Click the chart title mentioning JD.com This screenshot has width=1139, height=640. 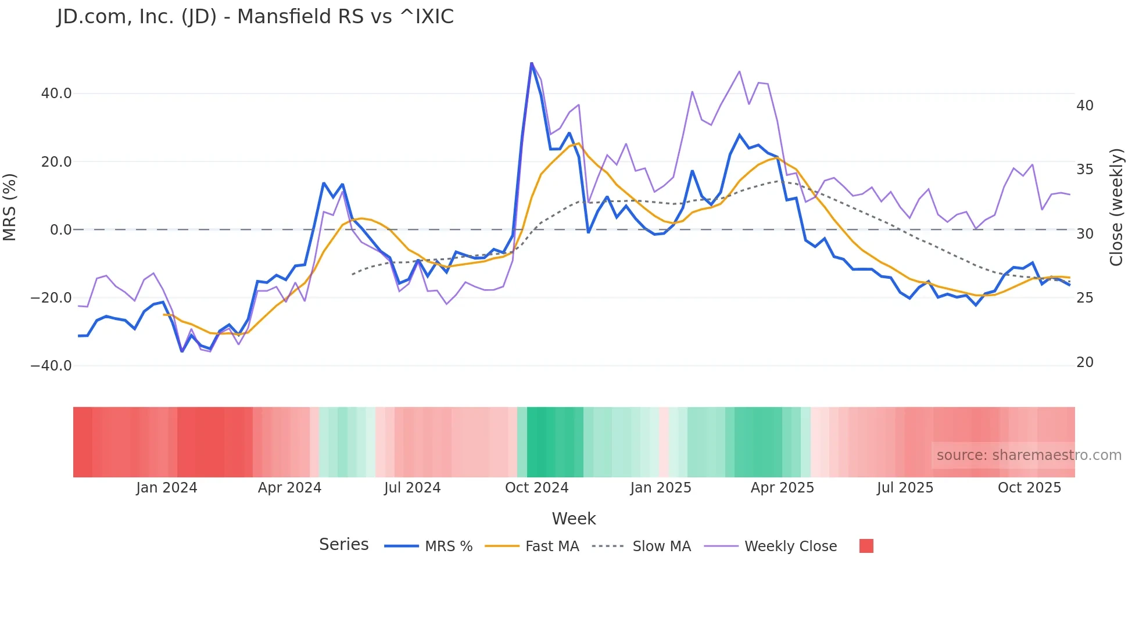tap(255, 17)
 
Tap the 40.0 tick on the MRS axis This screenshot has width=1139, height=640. tap(56, 94)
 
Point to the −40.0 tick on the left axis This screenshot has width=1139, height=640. tap(51, 366)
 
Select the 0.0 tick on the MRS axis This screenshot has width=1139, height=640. tap(61, 230)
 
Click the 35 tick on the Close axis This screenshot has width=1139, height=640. tap(1084, 170)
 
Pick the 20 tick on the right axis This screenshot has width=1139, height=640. tap(1084, 362)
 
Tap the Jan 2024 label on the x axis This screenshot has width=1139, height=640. tap(167, 488)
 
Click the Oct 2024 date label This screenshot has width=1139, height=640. tap(536, 488)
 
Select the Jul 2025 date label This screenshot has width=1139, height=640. tap(905, 488)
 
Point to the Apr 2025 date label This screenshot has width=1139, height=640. tap(782, 488)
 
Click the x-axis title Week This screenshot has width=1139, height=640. tap(574, 519)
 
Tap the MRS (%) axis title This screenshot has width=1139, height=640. tap(10, 207)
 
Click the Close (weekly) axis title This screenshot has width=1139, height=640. tap(1116, 207)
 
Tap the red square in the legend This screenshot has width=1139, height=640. tap(866, 546)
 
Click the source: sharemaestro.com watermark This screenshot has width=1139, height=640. tap(1029, 455)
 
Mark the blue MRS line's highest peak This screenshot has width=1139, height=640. tap(531, 63)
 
